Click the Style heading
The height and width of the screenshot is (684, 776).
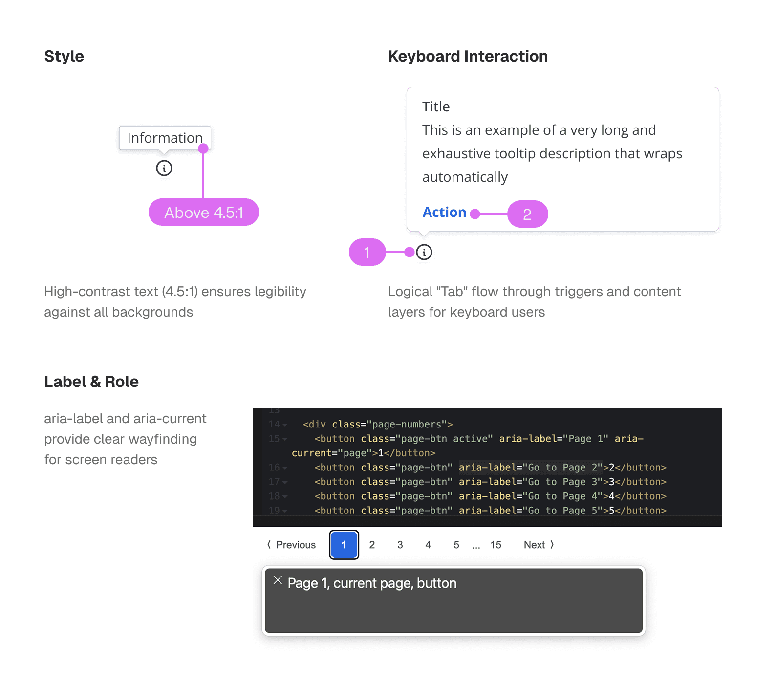pos(64,56)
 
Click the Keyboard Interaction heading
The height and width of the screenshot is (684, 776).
pos(468,56)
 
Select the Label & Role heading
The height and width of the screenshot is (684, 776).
pos(91,382)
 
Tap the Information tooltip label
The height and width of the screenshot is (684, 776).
pos(165,138)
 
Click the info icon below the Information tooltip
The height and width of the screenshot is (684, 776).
pos(164,168)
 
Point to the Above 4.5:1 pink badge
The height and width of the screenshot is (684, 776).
pos(204,212)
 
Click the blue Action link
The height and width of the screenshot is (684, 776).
pos(444,212)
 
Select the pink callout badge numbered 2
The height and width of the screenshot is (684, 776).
pos(528,214)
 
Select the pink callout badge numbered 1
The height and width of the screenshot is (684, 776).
pos(367,252)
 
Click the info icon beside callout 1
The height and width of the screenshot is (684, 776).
pos(424,252)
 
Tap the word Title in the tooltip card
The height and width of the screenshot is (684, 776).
pos(436,107)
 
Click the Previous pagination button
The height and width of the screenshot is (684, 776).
pos(292,545)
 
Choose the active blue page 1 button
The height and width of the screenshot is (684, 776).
pos(344,545)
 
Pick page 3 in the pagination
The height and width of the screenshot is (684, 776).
pos(400,545)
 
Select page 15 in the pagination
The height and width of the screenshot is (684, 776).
pos(496,545)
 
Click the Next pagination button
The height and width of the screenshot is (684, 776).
pos(539,545)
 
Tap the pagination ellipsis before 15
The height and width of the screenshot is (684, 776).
pos(476,547)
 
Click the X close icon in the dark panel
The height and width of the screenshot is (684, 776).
pos(278,580)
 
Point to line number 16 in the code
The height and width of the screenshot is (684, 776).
pos(274,468)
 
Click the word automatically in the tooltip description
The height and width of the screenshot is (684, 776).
pos(465,177)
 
